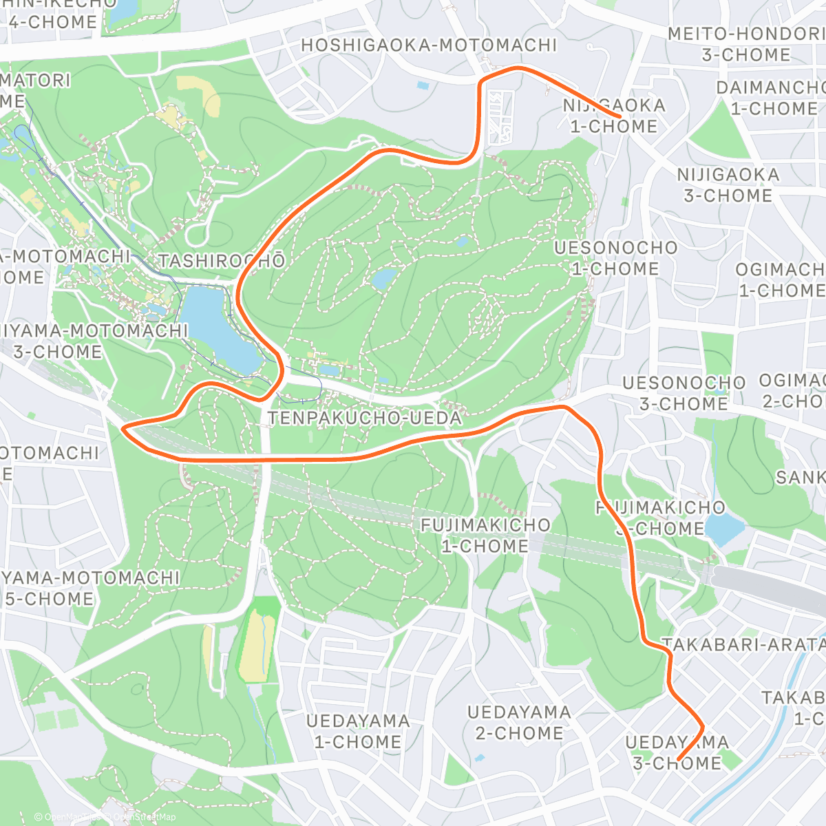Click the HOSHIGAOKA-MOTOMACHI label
(x=428, y=45)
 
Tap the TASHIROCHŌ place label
(x=222, y=261)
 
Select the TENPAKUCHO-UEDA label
(x=365, y=418)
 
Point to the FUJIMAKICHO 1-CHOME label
(x=485, y=536)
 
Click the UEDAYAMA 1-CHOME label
(x=358, y=731)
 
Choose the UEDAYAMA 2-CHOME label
(x=519, y=722)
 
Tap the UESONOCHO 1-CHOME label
(x=615, y=257)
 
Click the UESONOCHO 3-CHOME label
(x=684, y=392)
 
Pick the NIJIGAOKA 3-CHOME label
(x=728, y=185)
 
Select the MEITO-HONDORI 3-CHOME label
(x=746, y=44)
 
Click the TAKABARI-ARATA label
(x=743, y=644)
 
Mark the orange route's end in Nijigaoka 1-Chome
(x=621, y=117)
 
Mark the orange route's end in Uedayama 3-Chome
(x=679, y=759)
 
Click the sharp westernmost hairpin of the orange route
(x=124, y=429)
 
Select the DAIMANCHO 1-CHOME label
(x=771, y=98)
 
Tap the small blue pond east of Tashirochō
(x=385, y=278)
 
